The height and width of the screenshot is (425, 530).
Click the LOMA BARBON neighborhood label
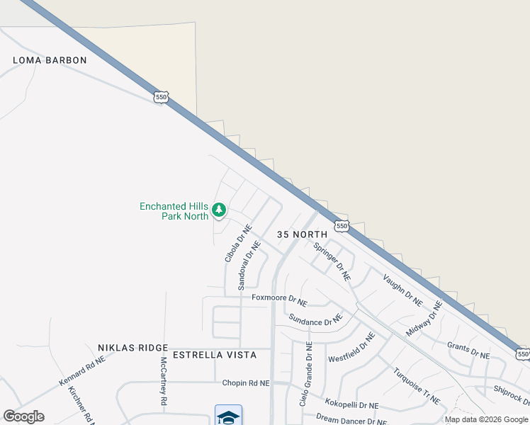(x=50, y=60)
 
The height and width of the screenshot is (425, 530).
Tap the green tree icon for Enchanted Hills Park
(x=219, y=209)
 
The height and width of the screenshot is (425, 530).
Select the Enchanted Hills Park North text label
(x=174, y=211)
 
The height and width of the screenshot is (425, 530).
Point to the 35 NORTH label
(x=302, y=234)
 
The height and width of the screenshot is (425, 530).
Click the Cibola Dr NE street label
(x=238, y=244)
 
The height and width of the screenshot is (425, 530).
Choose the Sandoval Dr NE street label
(x=249, y=266)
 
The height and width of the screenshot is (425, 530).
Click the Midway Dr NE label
(x=424, y=319)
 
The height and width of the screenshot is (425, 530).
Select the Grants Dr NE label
(x=468, y=351)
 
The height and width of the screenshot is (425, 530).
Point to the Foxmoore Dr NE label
(x=279, y=299)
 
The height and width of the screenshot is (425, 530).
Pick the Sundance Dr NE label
(x=315, y=322)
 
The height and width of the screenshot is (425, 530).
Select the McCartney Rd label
(x=163, y=380)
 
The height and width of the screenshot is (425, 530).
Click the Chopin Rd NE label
(x=246, y=383)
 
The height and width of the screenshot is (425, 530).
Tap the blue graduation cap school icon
(x=228, y=416)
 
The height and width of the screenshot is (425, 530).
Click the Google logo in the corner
(x=23, y=416)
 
